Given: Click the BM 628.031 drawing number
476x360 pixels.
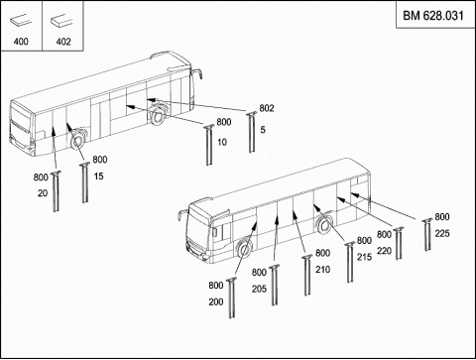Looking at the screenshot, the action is click(x=433, y=16).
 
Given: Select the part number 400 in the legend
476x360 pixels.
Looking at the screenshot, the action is click(x=21, y=42).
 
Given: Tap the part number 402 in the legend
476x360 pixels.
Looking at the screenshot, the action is click(x=63, y=42).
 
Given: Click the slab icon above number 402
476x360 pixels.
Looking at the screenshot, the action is click(x=61, y=21).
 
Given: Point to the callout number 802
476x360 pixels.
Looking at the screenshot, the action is click(x=267, y=108).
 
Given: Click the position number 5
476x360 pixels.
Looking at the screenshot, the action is click(x=263, y=130).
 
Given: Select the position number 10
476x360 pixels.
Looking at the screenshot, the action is click(x=222, y=142).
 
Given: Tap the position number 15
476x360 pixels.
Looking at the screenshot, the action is click(x=98, y=177).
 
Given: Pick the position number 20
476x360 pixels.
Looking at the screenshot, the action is click(x=43, y=193).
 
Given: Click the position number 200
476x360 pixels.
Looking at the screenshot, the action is click(x=216, y=301).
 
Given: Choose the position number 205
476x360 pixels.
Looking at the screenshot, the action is click(x=259, y=289).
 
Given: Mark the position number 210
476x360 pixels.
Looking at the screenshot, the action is click(x=322, y=270).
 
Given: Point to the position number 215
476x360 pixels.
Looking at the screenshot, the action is click(x=364, y=257).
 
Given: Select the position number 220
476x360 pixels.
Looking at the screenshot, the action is click(x=384, y=251).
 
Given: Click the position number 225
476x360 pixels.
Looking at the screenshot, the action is click(x=442, y=234).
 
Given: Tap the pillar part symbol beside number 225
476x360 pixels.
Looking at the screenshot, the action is click(x=427, y=234).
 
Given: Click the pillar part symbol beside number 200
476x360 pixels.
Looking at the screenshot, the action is click(x=232, y=298).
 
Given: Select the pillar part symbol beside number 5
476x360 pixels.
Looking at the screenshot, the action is click(x=252, y=132).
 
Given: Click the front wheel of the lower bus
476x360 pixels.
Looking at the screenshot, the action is click(x=245, y=248).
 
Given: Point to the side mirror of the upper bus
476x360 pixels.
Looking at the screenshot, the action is click(x=197, y=74).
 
